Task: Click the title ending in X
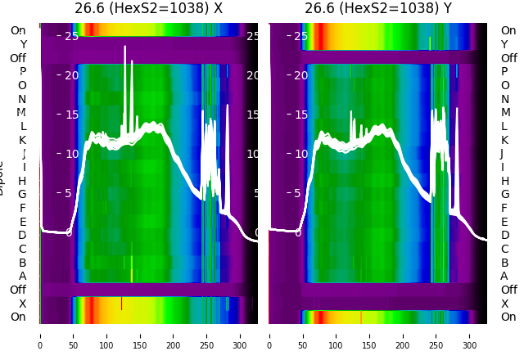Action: tap(148, 8)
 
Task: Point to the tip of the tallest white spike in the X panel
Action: tap(125, 47)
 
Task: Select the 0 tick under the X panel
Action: tap(39, 335)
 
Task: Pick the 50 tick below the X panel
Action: tap(73, 335)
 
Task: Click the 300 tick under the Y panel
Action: tap(470, 335)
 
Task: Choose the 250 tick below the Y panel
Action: tap(436, 335)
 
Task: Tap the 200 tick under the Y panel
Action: tap(403, 335)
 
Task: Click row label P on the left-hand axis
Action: tap(22, 72)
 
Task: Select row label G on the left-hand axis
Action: tap(22, 195)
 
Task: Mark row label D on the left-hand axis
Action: tap(22, 236)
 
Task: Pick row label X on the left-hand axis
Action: tap(22, 304)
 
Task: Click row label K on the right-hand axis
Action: tap(504, 140)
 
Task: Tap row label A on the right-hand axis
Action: tap(504, 277)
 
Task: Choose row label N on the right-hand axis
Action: tap(504, 99)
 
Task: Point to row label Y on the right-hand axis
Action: tap(504, 44)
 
